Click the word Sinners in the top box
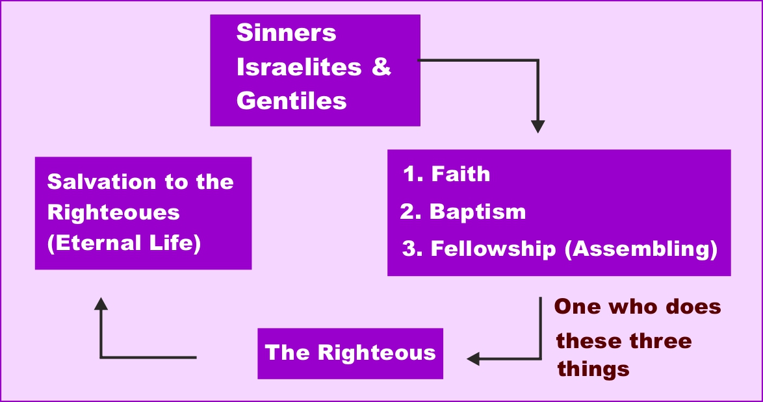[286, 33]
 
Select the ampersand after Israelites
[382, 67]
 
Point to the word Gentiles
[291, 101]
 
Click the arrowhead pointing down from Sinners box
[537, 126]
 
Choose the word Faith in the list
[461, 174]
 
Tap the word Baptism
[478, 212]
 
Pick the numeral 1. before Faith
[413, 174]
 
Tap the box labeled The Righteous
[350, 353]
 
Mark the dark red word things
[593, 369]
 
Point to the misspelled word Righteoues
[114, 212]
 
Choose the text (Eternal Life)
[124, 244]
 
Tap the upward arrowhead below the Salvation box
[101, 303]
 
